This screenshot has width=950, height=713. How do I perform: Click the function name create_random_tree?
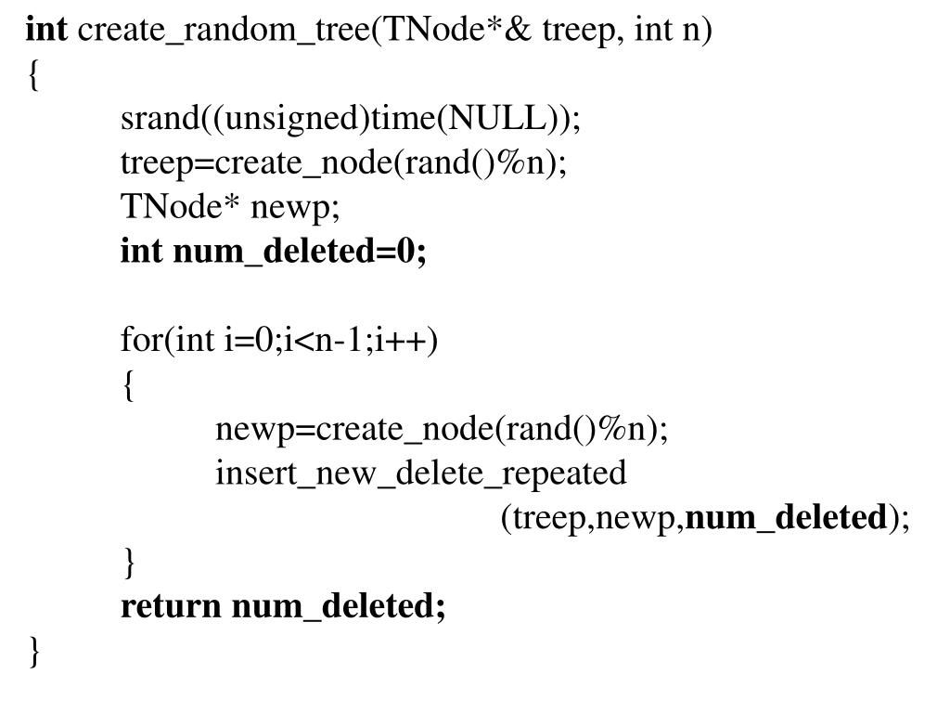(224, 32)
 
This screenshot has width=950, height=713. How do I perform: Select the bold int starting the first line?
(46, 32)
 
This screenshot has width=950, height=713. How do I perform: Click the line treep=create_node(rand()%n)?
(343, 164)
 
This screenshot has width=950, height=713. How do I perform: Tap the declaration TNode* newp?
(231, 209)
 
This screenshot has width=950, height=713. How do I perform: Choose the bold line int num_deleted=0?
(274, 253)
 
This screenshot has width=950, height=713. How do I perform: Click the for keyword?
(142, 342)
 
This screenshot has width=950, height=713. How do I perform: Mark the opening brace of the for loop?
(128, 386)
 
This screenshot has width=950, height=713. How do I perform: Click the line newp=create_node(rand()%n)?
(442, 430)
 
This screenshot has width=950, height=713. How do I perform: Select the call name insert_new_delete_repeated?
(421, 474)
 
